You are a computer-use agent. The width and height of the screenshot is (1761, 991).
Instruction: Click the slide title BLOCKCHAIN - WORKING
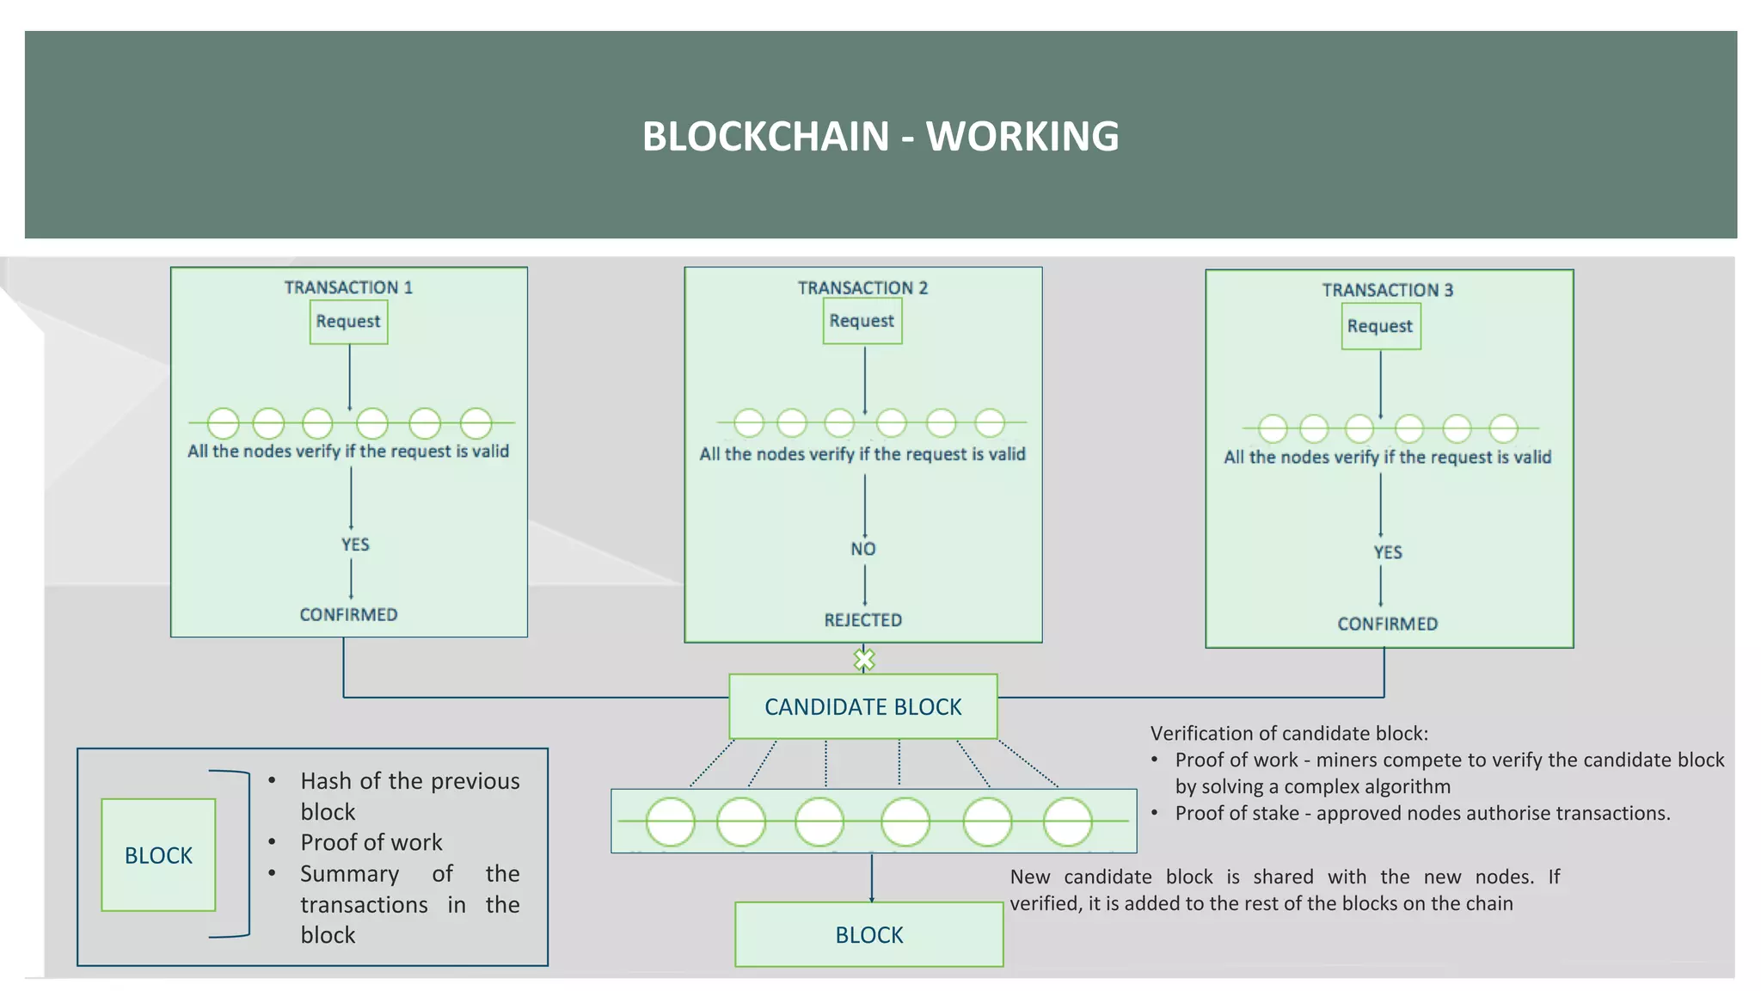click(880, 137)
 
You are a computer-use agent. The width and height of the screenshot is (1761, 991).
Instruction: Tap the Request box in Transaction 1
click(348, 322)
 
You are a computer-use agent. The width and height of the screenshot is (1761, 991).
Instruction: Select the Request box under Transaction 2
click(862, 321)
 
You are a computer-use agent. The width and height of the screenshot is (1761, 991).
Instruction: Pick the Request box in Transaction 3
click(1380, 327)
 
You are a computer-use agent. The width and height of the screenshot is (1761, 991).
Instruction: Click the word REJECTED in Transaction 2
click(862, 620)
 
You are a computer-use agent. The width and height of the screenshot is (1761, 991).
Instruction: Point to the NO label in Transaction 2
click(862, 549)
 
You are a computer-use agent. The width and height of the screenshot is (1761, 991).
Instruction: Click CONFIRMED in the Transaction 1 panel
click(348, 615)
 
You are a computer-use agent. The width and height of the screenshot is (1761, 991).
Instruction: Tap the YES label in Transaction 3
click(1387, 552)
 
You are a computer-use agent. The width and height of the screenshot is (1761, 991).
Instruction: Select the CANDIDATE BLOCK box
click(862, 706)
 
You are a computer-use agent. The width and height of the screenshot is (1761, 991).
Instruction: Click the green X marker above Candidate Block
click(863, 660)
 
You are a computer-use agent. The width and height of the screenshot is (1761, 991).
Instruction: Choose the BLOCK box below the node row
click(868, 934)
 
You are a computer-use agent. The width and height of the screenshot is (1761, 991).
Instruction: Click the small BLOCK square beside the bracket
click(158, 855)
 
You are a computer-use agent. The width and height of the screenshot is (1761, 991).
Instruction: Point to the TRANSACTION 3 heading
click(1387, 290)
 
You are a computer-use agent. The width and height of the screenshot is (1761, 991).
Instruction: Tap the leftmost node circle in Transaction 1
click(223, 423)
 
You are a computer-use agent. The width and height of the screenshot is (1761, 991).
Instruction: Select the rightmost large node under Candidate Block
click(1067, 822)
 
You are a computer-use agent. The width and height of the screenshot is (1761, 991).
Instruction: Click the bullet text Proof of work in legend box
click(371, 842)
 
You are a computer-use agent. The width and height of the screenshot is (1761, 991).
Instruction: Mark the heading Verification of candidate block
click(1288, 734)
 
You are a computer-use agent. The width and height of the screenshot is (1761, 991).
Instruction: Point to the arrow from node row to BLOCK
click(871, 877)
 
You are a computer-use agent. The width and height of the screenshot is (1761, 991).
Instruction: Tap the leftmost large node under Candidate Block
click(670, 822)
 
